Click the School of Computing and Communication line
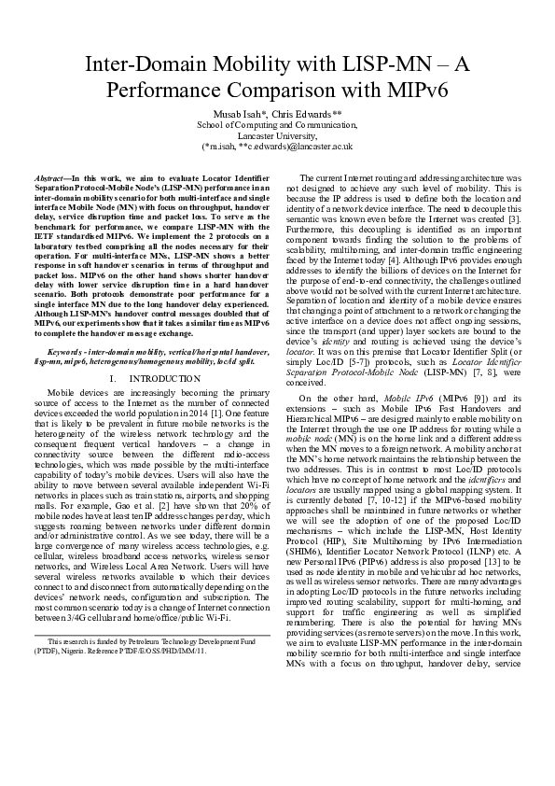(x=277, y=124)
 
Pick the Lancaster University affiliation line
(x=277, y=134)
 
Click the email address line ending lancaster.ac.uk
(x=277, y=146)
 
